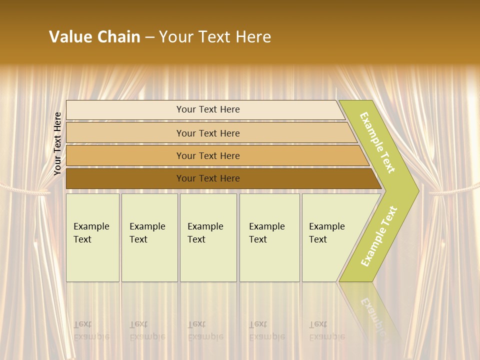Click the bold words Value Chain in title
pyautogui.click(x=94, y=37)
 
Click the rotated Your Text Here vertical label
pyautogui.click(x=57, y=143)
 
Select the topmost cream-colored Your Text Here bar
pyautogui.click(x=207, y=109)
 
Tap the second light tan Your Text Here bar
pyautogui.click(x=207, y=133)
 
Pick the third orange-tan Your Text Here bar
pyautogui.click(x=207, y=155)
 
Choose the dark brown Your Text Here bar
pyautogui.click(x=207, y=178)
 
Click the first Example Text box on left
pyautogui.click(x=92, y=237)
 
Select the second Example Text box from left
pyautogui.click(x=149, y=237)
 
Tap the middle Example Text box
pyautogui.click(x=208, y=237)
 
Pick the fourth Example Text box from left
pyautogui.click(x=269, y=237)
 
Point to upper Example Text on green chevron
pyautogui.click(x=377, y=142)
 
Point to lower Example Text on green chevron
pyautogui.click(x=379, y=236)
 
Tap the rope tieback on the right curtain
pyautogui.click(x=452, y=190)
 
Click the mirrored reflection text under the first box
pyautogui.click(x=91, y=330)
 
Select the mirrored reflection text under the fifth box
pyautogui.click(x=326, y=330)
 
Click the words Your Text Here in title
pyautogui.click(x=214, y=37)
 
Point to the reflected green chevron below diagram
pyautogui.click(x=372, y=310)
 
